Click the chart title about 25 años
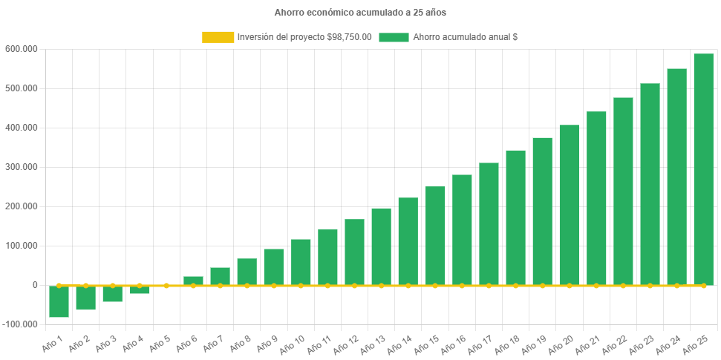tap(360, 13)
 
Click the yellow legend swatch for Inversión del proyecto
tap(218, 37)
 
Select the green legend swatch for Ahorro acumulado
tap(394, 37)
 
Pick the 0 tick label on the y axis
tap(35, 285)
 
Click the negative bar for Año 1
tap(59, 301)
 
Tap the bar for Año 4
tap(140, 289)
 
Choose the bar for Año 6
tap(193, 281)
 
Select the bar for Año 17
tap(489, 223)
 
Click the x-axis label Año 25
tap(694, 344)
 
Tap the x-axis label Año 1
tap(53, 343)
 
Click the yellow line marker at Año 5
tap(166, 285)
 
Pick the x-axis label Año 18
tap(506, 344)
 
